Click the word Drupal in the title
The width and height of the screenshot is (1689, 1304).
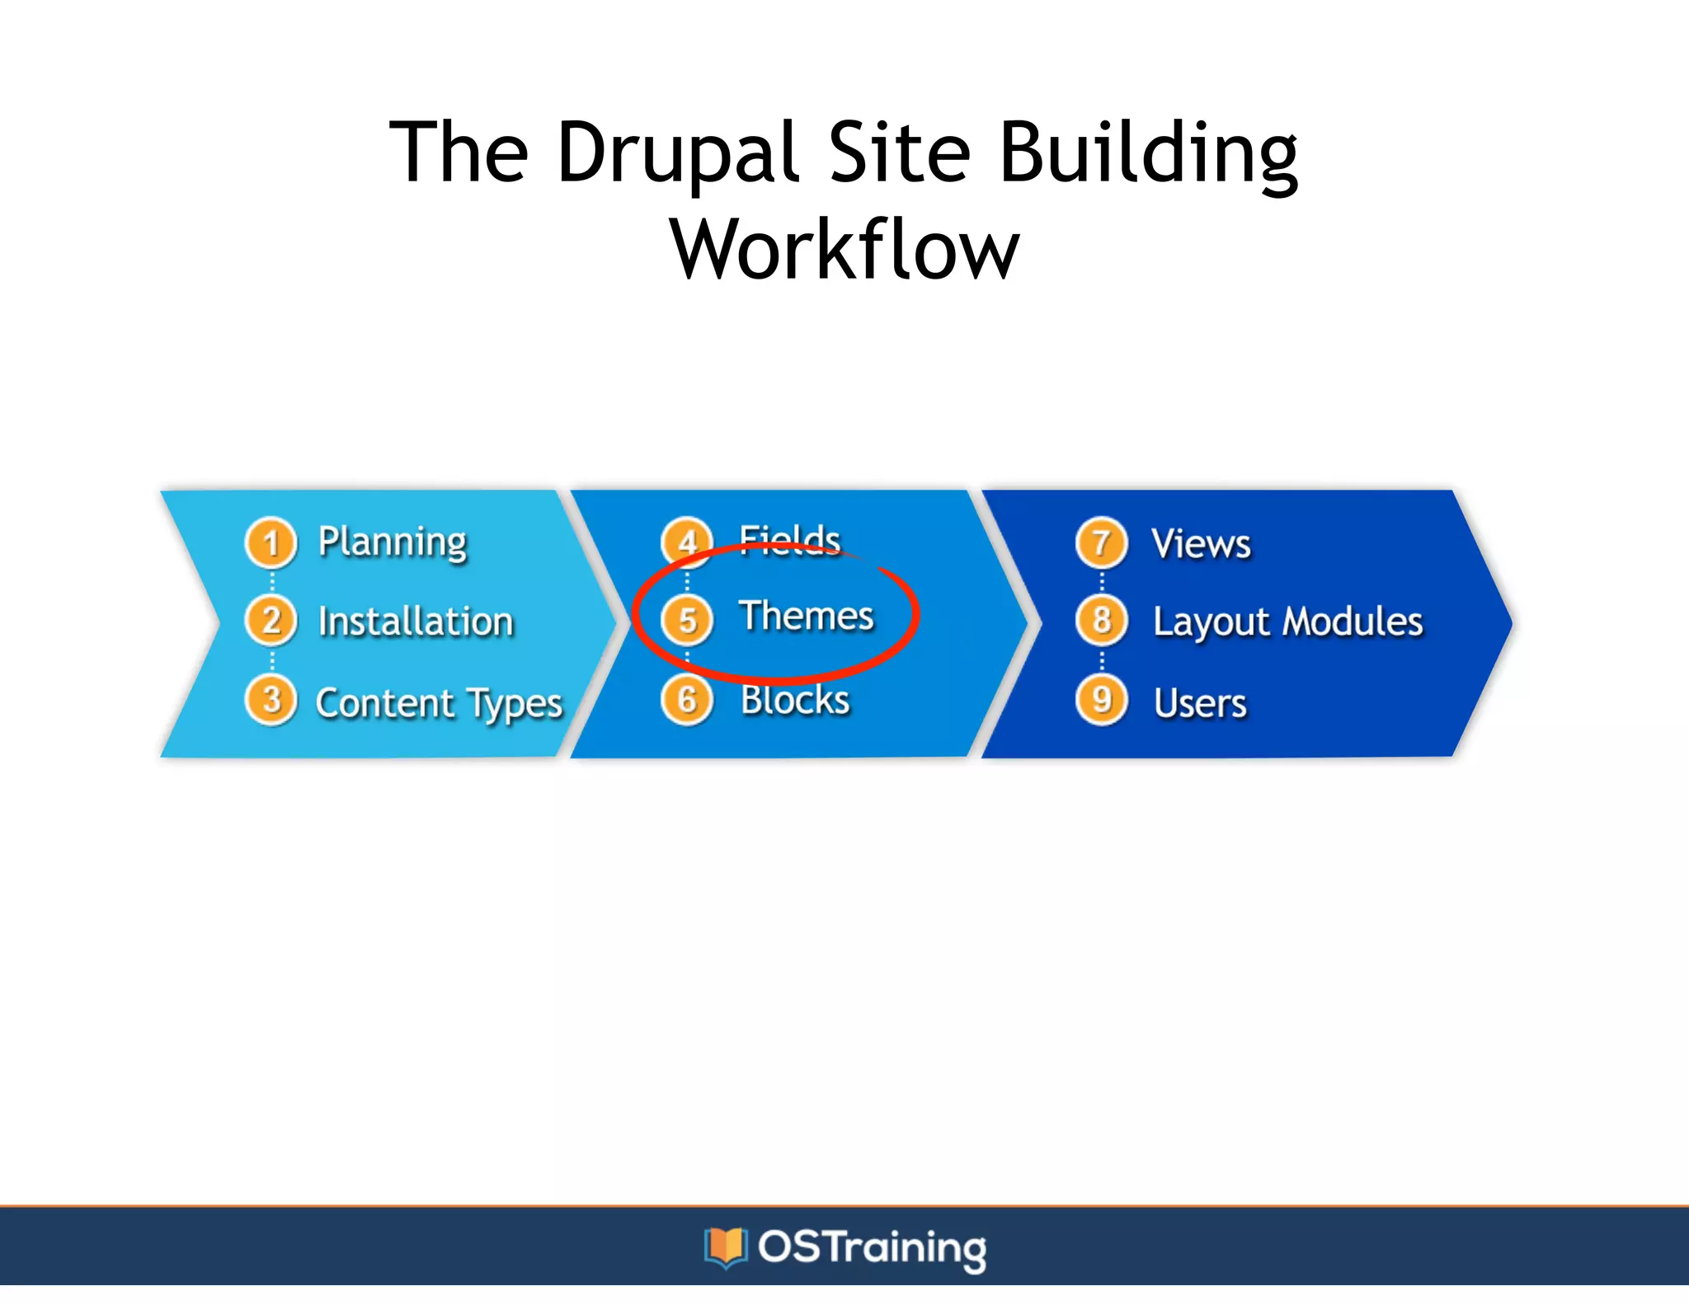(678, 153)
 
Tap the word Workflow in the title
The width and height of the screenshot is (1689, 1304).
(844, 250)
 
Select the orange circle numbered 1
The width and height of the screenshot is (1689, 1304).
(271, 543)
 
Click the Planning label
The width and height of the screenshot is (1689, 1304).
(393, 543)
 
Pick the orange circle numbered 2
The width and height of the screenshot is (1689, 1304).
(271, 621)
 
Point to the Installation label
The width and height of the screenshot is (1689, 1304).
(416, 622)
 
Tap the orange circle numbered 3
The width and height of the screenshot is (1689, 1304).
(271, 701)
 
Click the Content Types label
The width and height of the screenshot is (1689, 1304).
(439, 704)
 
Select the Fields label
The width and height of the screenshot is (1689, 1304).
(789, 541)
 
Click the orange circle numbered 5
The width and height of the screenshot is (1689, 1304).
(687, 620)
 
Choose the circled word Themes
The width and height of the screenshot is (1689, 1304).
(806, 617)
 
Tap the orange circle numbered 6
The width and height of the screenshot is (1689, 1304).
(687, 701)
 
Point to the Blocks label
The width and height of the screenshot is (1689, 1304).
(795, 701)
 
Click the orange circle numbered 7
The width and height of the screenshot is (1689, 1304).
(1101, 543)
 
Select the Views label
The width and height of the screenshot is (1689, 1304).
(1201, 544)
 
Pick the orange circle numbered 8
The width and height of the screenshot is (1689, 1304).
(1101, 621)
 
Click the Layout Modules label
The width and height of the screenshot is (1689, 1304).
(1287, 622)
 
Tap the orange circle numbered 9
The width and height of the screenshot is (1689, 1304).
(1101, 701)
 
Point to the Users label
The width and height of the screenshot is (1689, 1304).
(1200, 704)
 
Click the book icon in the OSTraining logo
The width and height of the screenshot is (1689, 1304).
(725, 1246)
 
